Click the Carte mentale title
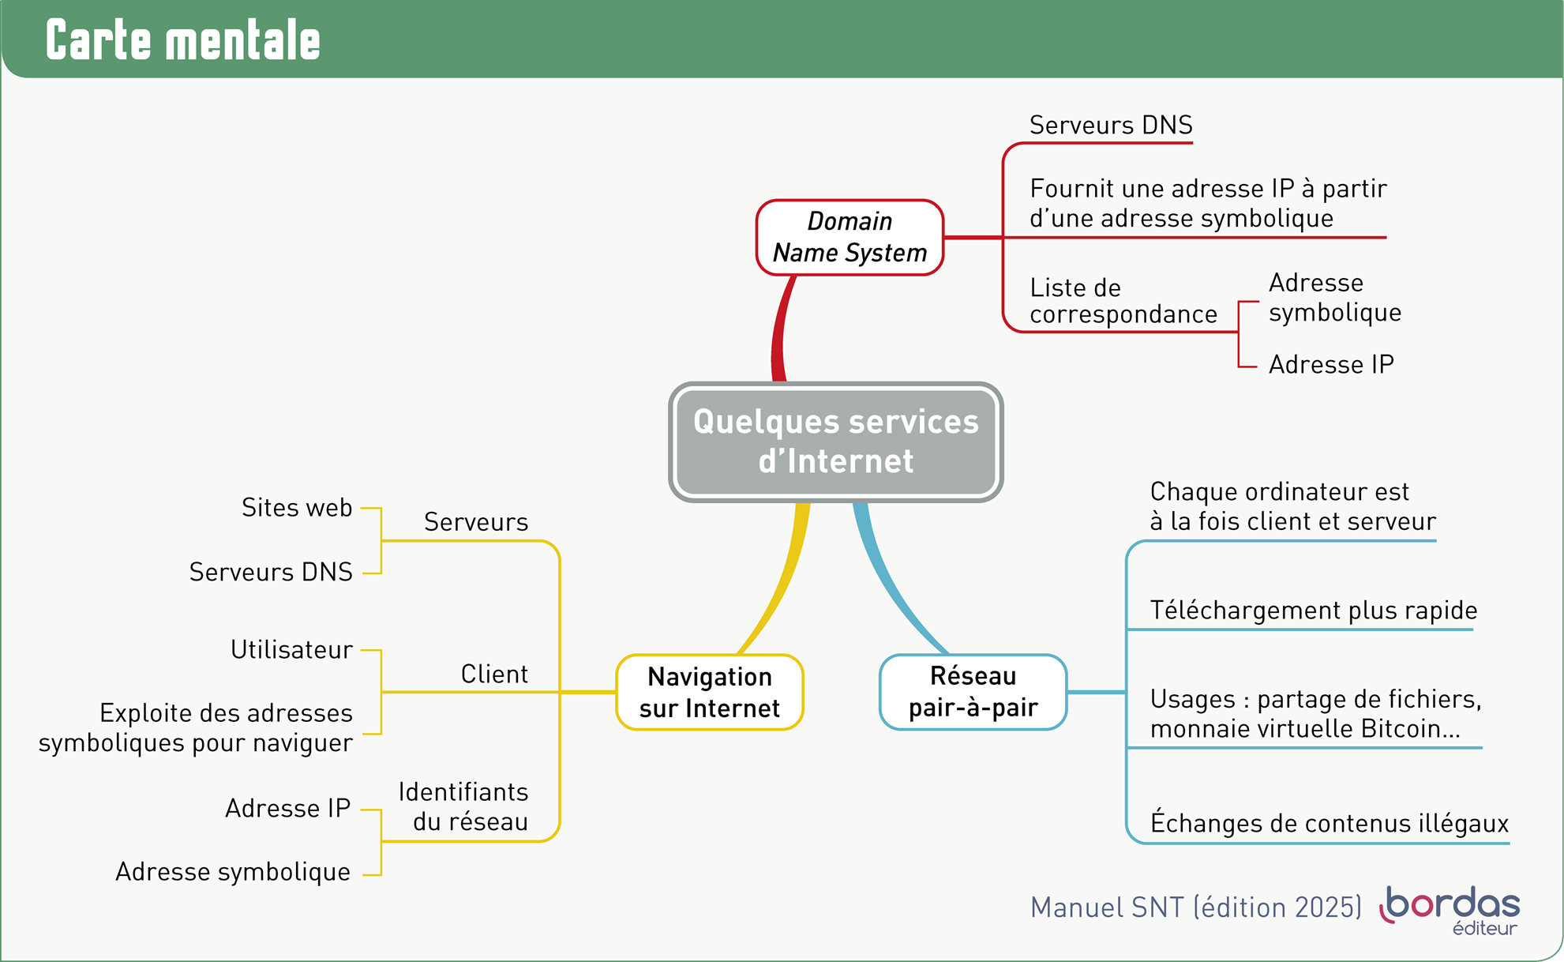183,40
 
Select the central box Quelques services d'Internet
835,442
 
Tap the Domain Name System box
850,237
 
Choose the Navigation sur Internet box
709,692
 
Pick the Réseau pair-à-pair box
973,692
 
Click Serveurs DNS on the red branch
1110,125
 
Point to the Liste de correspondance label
1123,301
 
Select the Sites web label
297,508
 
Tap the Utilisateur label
291,650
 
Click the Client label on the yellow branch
494,675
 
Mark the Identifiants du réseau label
463,806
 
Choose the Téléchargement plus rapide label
1313,611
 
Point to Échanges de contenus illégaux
1329,824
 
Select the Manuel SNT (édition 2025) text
1195,908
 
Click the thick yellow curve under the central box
778,584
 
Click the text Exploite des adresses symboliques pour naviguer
195,727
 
